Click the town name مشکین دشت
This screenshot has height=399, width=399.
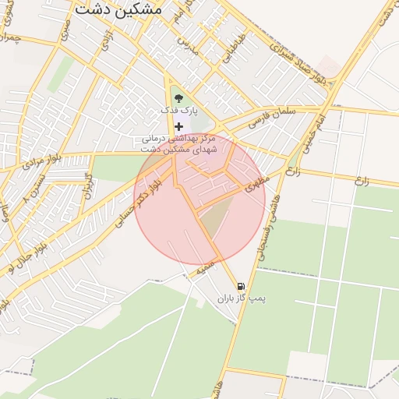119,10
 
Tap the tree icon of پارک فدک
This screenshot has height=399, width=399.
179,98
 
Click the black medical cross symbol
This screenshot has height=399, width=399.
179,126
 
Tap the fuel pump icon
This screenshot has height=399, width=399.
240,286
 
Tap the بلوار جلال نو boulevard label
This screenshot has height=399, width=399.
23,255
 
